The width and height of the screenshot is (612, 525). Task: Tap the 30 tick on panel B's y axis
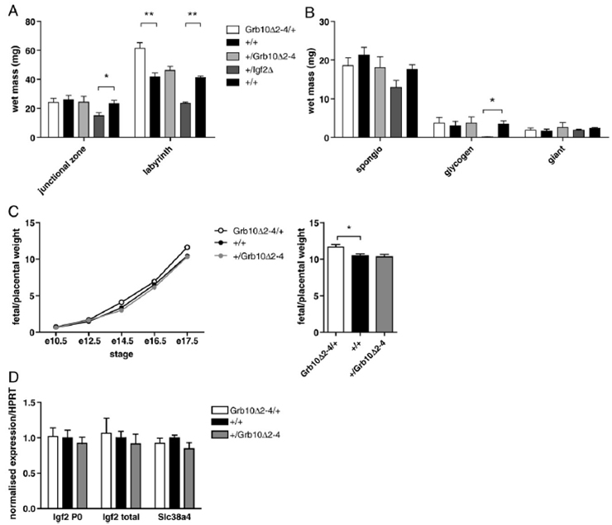coord(318,21)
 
